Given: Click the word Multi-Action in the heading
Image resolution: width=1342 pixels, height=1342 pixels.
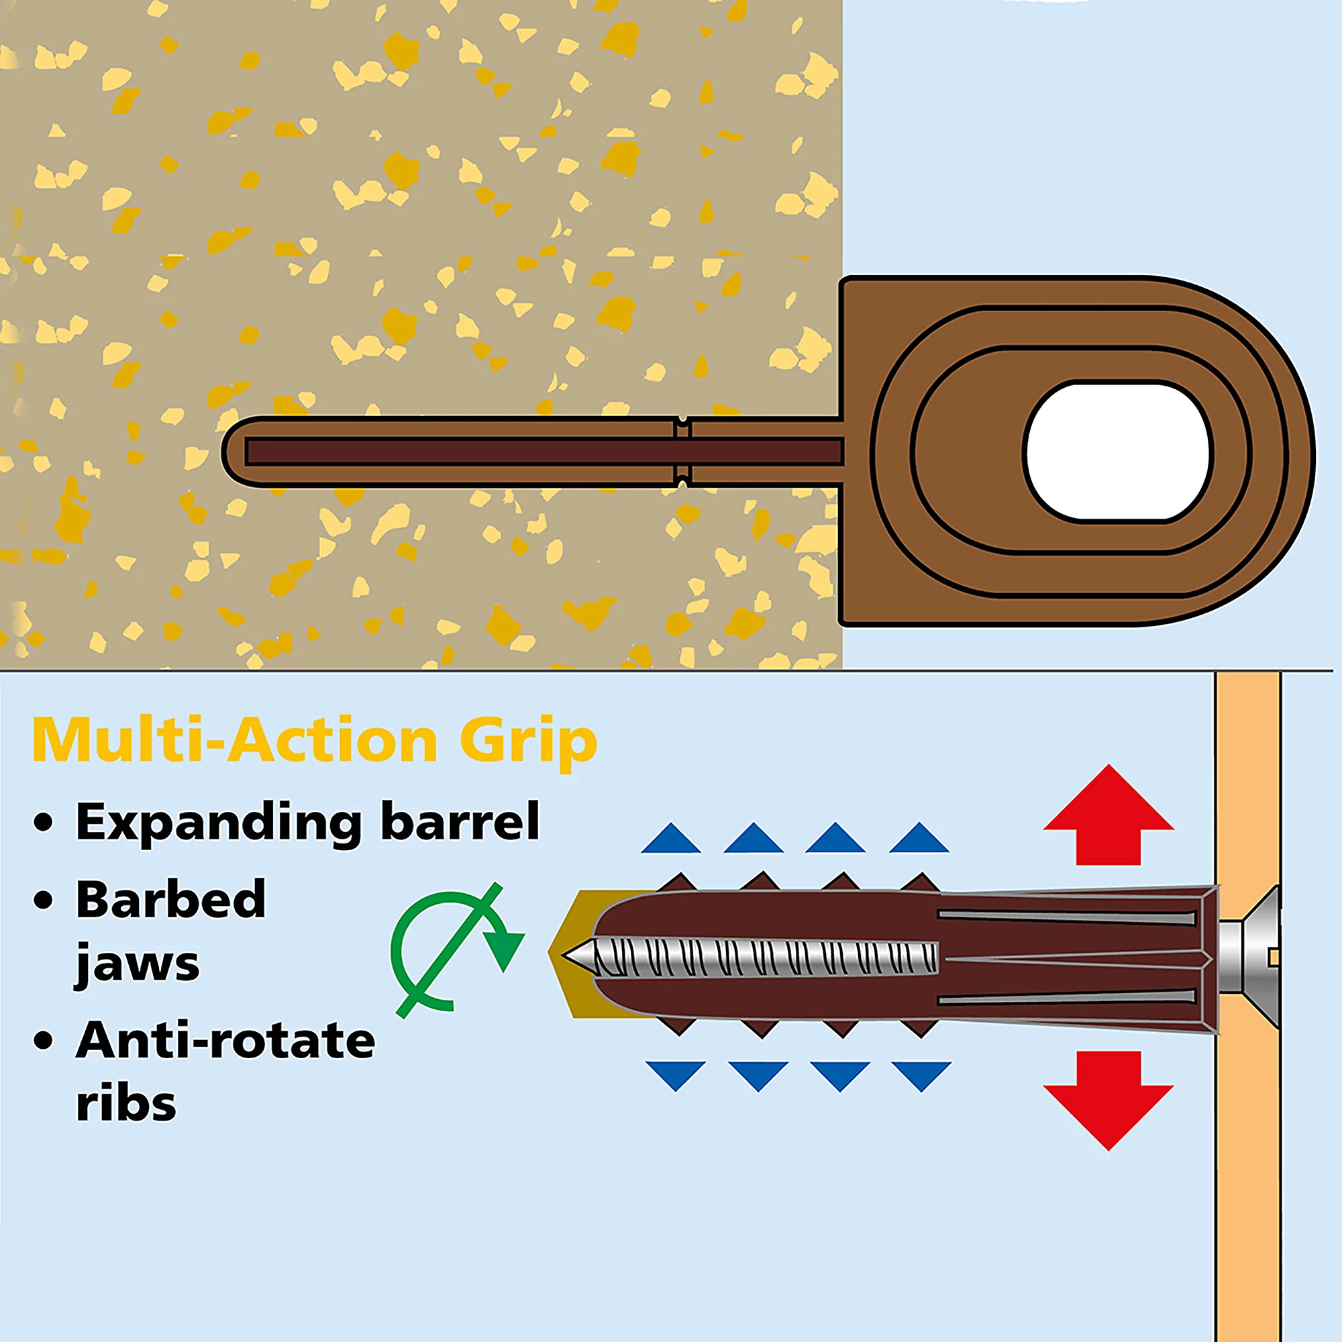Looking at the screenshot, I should [235, 741].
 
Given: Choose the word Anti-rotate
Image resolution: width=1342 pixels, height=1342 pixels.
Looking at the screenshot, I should [225, 1040].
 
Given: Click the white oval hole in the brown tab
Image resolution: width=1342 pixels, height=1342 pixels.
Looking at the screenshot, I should [1117, 451].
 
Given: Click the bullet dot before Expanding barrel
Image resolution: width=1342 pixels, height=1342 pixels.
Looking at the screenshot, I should [44, 822].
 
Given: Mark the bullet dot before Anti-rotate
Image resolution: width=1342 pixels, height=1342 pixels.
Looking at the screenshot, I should [44, 1040].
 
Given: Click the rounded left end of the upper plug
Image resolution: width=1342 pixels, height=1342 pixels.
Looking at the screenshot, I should [235, 451].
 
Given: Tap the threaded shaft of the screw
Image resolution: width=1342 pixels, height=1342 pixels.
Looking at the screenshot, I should [764, 958].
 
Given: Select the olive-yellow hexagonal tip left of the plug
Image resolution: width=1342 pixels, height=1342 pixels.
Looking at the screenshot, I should [570, 955].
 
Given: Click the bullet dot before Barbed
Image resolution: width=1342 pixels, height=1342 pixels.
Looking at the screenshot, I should [44, 900].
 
